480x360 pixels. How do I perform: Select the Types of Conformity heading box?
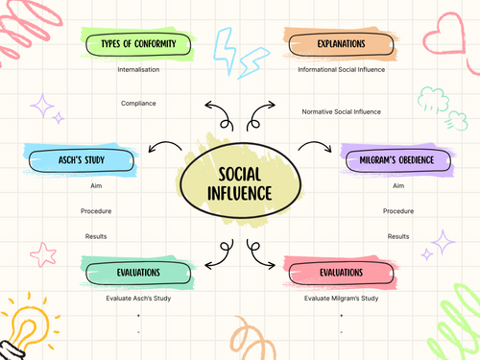(x=132, y=44)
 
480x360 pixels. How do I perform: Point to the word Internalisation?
(x=138, y=69)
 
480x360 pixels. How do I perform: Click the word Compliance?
(x=138, y=103)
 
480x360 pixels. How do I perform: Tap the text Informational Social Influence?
(x=342, y=69)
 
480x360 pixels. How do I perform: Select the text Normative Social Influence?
(x=342, y=112)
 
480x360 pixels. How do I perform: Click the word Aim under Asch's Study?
(x=96, y=184)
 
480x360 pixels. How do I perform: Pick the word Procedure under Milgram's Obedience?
(x=397, y=210)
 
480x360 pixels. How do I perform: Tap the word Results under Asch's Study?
(x=96, y=236)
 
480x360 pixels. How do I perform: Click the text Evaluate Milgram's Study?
(x=342, y=299)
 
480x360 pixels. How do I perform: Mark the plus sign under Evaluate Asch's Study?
(x=138, y=316)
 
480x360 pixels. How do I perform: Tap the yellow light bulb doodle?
(x=23, y=322)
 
